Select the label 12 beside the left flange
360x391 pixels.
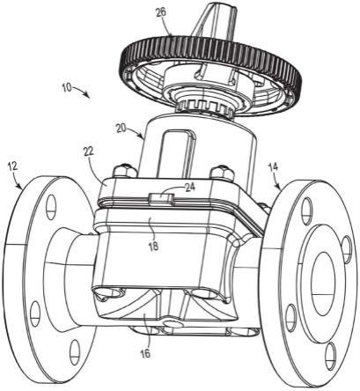(x=13, y=166)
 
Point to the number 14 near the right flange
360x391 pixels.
(x=274, y=168)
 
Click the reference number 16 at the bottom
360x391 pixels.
(x=145, y=353)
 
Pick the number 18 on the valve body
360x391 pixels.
(x=153, y=246)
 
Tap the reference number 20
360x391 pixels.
(x=121, y=129)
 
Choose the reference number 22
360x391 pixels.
(x=88, y=151)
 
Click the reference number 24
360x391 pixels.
(x=191, y=187)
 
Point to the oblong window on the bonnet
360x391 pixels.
(x=178, y=153)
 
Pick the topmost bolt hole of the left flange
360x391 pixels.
(x=50, y=206)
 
